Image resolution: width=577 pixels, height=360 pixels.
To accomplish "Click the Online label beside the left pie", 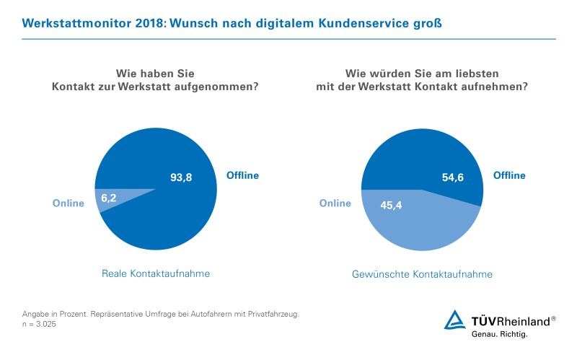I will click(x=69, y=203).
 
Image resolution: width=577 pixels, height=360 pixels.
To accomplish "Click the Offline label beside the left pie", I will click(x=243, y=175).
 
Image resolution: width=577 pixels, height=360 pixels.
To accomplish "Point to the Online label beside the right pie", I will click(x=335, y=203).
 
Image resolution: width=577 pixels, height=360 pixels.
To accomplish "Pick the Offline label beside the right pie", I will click(x=509, y=175).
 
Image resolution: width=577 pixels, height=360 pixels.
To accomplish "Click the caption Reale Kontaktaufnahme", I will click(x=155, y=273).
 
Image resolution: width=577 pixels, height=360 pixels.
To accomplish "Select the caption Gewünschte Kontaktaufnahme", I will click(x=422, y=274).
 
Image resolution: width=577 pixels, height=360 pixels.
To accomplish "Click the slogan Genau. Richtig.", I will click(x=499, y=335).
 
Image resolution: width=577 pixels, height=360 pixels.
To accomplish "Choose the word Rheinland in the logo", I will click(x=524, y=320).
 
